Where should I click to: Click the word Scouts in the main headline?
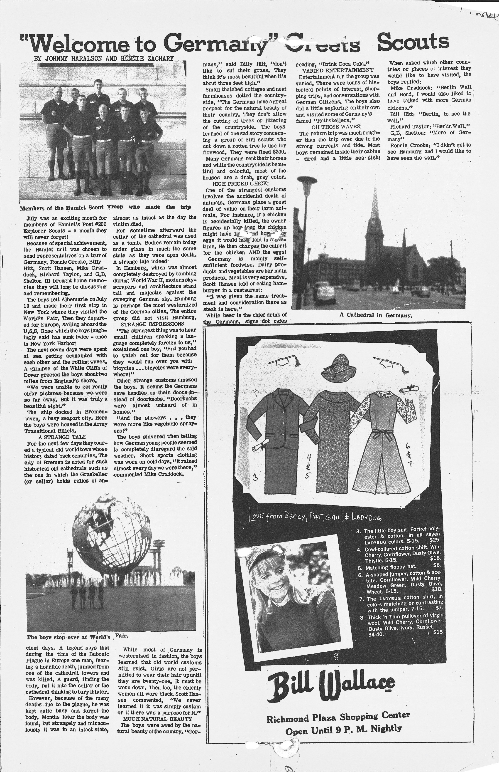click(x=413, y=42)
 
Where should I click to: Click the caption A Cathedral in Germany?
click(x=376, y=315)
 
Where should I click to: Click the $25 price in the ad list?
click(x=435, y=541)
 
